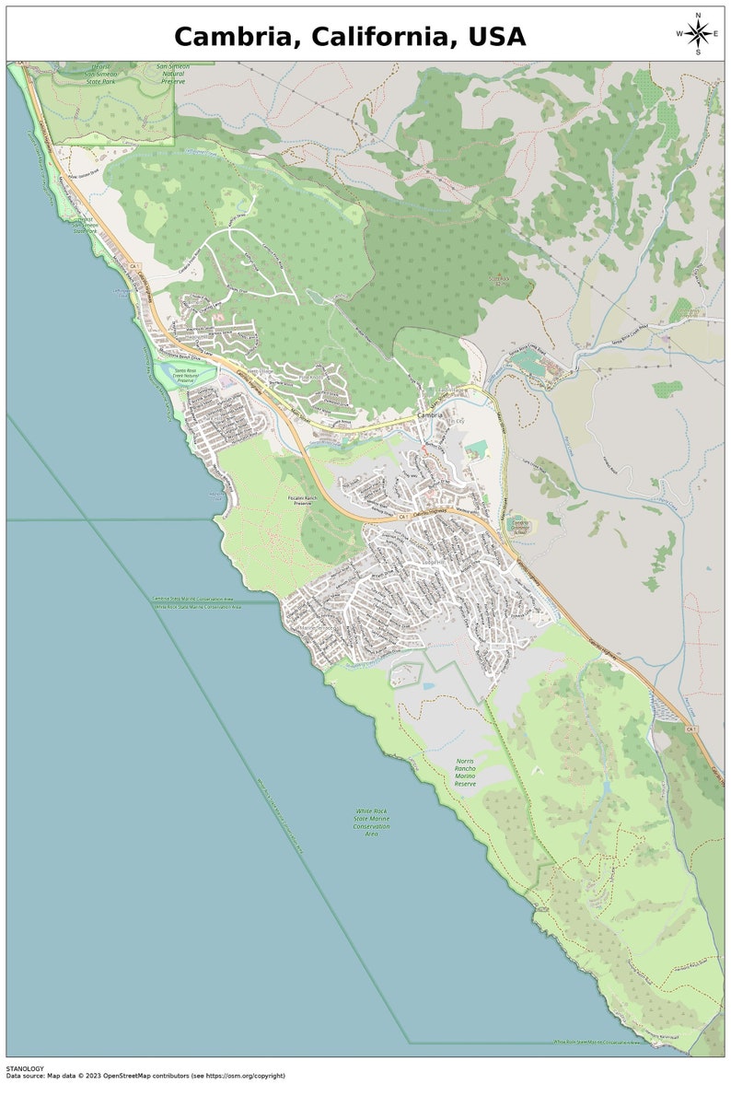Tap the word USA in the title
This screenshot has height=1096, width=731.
tap(497, 37)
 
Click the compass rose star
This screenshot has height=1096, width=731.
tap(698, 34)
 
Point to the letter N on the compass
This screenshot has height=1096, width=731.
tap(698, 16)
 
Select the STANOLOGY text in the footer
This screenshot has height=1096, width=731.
tap(25, 1068)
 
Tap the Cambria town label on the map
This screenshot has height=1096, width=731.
tap(430, 415)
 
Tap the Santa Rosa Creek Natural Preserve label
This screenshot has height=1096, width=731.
tap(193, 375)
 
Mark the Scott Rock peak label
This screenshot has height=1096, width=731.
tap(499, 277)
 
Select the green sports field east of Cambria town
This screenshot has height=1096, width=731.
tap(476, 449)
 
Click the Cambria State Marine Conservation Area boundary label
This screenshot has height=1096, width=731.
tap(197, 599)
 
